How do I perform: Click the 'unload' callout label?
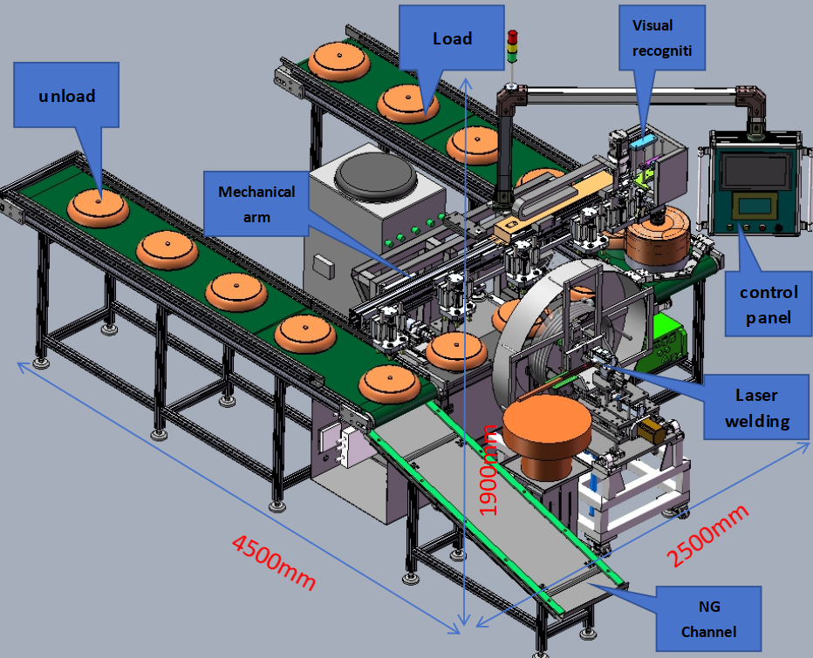pyautogui.click(x=67, y=95)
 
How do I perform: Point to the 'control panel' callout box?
pyautogui.click(x=768, y=304)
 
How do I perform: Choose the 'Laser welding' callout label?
pyautogui.click(x=755, y=408)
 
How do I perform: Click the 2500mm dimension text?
pyautogui.click(x=707, y=534)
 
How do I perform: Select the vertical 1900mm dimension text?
pyautogui.click(x=489, y=469)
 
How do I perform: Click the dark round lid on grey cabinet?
pyautogui.click(x=376, y=175)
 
